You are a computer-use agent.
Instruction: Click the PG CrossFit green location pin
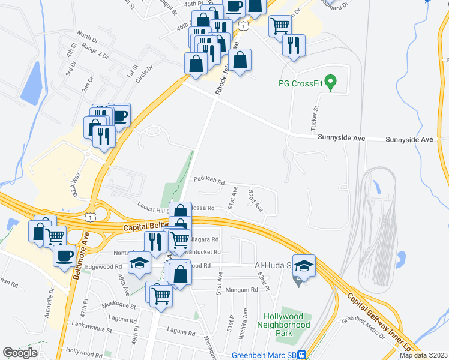coord(329,80)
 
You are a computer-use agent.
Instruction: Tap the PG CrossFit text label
coord(301,83)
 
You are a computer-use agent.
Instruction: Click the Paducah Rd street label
coord(208,180)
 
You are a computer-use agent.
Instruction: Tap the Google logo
coord(20,353)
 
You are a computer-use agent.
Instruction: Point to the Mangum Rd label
coord(245,289)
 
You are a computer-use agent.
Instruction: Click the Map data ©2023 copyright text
coord(423,355)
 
